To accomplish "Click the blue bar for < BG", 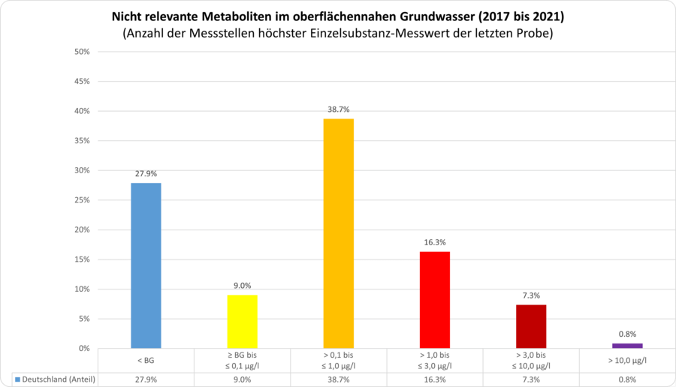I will tap(146, 265).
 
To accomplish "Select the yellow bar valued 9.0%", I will tap(242, 322).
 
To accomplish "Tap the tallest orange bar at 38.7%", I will tap(338, 233).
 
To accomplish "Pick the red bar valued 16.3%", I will tap(434, 300).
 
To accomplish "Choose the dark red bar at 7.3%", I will tap(530, 326).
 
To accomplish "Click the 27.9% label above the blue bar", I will tap(146, 174).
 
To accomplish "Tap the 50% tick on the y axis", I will tap(82, 52).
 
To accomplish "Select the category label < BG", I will tap(146, 360).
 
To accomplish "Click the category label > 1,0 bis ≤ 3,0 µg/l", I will tap(434, 360).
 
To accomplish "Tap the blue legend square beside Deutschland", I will tap(17, 379).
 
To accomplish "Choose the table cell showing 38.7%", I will tap(338, 379).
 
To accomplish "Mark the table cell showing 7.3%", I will tap(530, 379).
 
